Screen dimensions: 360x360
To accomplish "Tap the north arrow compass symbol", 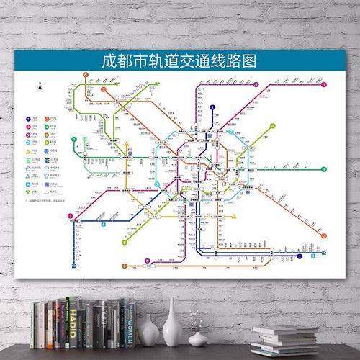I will (39, 86).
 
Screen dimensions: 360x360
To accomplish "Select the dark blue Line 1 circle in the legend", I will (27, 118).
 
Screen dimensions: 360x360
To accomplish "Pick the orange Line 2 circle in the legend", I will (48, 118).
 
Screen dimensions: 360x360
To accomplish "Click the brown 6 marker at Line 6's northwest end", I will (86, 74).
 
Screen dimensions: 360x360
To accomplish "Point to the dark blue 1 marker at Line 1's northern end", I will (212, 107).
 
